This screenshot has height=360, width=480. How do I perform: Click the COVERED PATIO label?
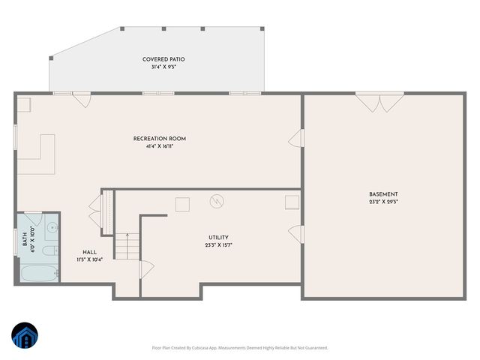click(x=163, y=59)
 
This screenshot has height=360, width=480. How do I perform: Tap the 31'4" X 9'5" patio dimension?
click(x=163, y=67)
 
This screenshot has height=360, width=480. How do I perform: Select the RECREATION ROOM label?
click(x=160, y=139)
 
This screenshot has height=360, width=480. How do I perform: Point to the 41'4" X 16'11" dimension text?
click(x=160, y=146)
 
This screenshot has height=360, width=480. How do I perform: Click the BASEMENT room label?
click(x=383, y=194)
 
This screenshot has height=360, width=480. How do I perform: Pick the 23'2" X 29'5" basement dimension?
click(x=383, y=202)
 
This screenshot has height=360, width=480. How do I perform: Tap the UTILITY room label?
click(x=218, y=238)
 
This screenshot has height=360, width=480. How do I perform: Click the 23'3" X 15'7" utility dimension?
click(x=218, y=245)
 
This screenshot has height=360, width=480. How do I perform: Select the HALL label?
click(x=89, y=253)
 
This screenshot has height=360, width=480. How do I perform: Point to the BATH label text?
click(x=25, y=241)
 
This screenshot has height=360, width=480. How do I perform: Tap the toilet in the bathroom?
click(x=49, y=251)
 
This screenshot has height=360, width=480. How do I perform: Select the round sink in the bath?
click(x=51, y=227)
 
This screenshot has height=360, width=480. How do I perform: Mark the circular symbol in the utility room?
click(x=217, y=201)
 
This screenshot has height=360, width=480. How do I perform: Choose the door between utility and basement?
click(x=297, y=235)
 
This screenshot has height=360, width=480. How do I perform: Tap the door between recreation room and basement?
click(x=297, y=139)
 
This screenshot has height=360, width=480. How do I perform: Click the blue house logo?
click(x=25, y=335)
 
